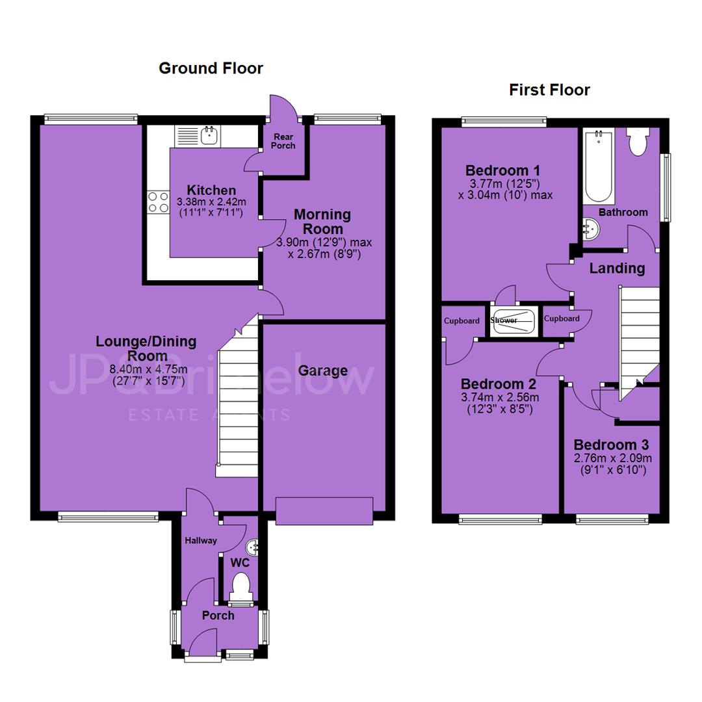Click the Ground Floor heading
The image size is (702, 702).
[x=211, y=68]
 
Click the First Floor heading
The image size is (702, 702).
[x=549, y=90]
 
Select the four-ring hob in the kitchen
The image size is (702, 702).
[x=158, y=202]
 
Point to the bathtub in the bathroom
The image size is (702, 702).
[x=599, y=166]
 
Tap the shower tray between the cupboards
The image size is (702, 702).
[x=513, y=322]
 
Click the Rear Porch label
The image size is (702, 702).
[x=283, y=141]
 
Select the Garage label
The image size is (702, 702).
[x=323, y=370]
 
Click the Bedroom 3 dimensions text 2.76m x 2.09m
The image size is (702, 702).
[x=612, y=458]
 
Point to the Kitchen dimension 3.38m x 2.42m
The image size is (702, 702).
[x=211, y=202]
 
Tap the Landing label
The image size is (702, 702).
[x=617, y=268]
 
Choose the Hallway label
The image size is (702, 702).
[x=201, y=541]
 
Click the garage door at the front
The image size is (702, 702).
[x=324, y=511]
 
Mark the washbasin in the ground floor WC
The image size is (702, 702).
[x=252, y=547]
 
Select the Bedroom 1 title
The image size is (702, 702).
[x=502, y=170]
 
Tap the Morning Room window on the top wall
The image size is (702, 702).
[x=347, y=120]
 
